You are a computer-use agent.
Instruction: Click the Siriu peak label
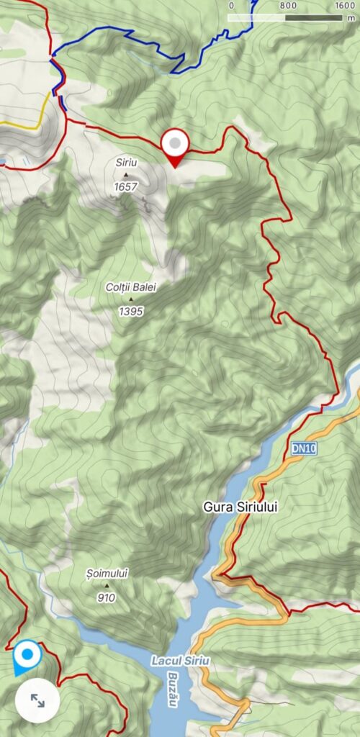pos(125,162)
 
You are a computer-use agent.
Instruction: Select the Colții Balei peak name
pos(131,287)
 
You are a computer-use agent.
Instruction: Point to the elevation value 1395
pos(131,312)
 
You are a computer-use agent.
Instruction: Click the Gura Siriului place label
pos(237,507)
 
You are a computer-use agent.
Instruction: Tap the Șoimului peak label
pos(106,573)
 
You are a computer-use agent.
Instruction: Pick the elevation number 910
pos(107,597)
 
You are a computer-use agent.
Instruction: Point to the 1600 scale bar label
pos(345,5)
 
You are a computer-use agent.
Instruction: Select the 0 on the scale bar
pos(231,5)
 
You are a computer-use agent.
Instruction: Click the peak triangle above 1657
pos(126,174)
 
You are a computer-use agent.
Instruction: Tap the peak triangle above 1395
pos(131,299)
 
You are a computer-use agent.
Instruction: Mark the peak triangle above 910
pos(107,585)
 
